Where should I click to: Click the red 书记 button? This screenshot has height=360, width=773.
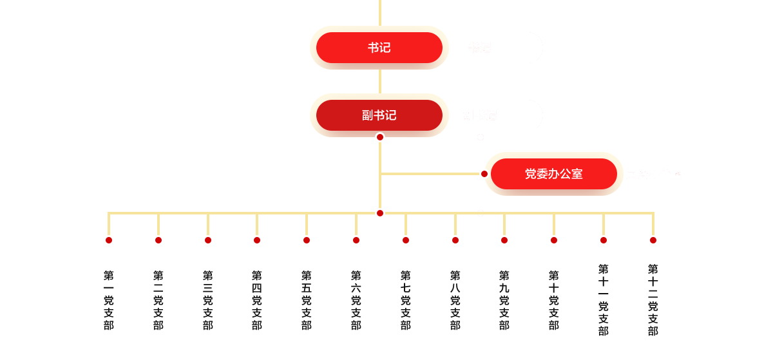(379, 48)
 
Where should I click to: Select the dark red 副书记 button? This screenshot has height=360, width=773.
(379, 115)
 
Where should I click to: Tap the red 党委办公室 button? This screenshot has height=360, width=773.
(553, 174)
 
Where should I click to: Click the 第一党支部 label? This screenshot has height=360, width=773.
(109, 300)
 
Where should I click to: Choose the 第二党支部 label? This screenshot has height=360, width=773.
(158, 300)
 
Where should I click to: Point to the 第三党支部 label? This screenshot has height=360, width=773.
(208, 300)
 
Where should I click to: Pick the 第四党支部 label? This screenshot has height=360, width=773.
(257, 300)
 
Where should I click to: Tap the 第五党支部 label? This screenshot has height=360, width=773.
(307, 300)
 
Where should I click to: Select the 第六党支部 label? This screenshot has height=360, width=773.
(356, 300)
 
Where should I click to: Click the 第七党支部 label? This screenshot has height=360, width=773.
(406, 300)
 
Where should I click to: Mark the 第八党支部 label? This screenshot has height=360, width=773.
(455, 300)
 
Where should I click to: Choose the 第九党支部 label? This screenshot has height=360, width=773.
(504, 300)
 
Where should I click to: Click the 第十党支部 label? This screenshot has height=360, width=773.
(554, 300)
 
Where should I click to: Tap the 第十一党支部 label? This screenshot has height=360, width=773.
(604, 300)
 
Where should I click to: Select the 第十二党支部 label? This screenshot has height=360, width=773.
(653, 300)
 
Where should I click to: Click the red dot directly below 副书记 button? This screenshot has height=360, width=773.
(380, 137)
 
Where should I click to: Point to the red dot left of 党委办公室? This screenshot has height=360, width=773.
(484, 174)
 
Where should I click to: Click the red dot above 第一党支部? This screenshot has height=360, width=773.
(109, 240)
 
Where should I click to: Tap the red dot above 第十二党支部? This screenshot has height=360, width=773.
(653, 240)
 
